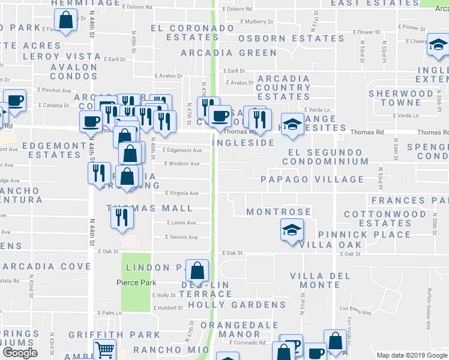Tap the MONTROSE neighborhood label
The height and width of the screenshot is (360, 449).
click(279, 212)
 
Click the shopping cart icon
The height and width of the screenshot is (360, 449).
click(105, 349)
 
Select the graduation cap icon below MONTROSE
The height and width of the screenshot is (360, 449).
click(292, 229)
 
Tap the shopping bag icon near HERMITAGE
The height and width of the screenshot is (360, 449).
click(65, 21)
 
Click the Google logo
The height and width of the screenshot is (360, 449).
click(19, 353)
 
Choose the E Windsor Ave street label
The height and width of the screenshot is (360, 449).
click(182, 164)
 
